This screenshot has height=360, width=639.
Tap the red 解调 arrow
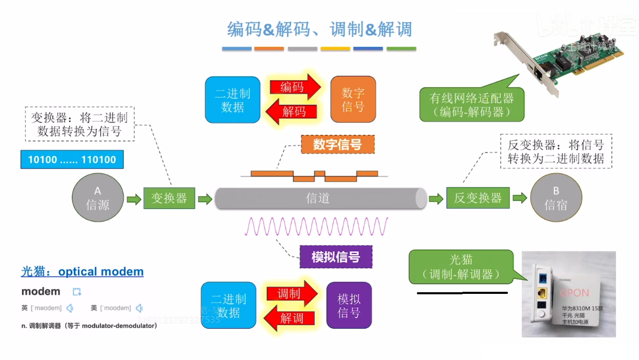point(290,318)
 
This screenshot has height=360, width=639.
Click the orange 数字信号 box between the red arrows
point(353,100)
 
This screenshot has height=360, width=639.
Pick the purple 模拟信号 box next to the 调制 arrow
point(349,305)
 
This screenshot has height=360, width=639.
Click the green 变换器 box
point(169,198)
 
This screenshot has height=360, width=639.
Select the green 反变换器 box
point(478,198)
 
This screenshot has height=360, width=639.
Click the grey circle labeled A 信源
point(98,198)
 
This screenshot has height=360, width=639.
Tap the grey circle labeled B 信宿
point(556,198)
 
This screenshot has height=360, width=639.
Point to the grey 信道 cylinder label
point(318,198)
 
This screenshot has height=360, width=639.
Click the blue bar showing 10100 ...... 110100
point(72,160)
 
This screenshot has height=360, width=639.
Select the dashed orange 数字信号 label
point(337,145)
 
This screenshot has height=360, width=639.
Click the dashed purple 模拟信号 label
point(336,257)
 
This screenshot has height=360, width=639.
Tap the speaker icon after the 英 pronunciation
point(70,308)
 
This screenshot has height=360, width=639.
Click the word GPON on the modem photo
point(574,293)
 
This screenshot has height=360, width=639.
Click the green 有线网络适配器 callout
point(471,105)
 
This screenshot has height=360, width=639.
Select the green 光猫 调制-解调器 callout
point(461,267)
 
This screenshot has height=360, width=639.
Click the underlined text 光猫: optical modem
point(82,272)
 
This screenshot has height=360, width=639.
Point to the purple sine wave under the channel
point(316,227)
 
